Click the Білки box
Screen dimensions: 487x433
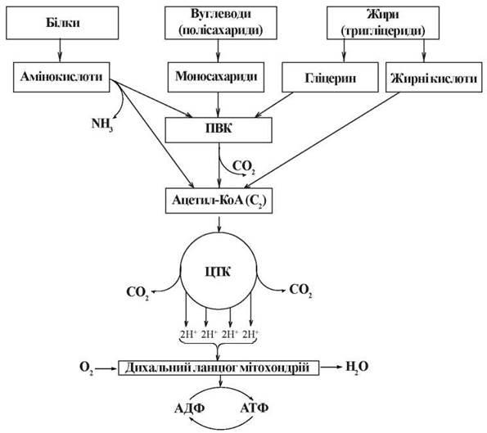62,23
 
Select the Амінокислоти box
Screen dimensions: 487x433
61,77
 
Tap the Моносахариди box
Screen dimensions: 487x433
216,77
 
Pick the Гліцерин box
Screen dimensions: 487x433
330,77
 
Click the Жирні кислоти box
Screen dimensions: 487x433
434,77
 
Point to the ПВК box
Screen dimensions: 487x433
219,130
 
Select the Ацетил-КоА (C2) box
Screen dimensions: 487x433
219,201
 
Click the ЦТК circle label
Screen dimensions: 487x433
218,272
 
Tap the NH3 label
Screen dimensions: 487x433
102,125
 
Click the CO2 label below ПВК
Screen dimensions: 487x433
244,167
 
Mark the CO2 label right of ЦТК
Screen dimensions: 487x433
300,291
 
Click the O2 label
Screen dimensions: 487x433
86,368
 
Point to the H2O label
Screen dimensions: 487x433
357,368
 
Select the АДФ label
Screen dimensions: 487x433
189,408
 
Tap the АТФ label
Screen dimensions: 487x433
255,408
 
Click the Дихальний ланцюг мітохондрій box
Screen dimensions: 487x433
219,368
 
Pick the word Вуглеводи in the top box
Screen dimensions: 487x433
221,14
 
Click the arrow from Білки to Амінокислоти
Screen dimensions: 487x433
61,51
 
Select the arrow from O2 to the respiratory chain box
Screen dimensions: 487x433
106,368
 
